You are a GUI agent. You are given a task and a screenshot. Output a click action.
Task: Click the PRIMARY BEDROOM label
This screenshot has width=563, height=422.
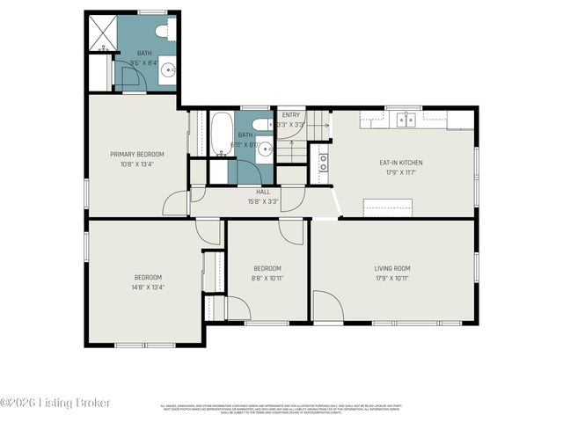tap(136, 154)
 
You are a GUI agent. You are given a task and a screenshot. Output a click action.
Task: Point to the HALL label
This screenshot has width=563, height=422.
tap(263, 191)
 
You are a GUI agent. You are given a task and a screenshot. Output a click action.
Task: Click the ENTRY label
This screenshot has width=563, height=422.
tap(291, 115)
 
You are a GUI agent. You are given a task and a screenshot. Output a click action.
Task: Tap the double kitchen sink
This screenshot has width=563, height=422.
tap(406, 120)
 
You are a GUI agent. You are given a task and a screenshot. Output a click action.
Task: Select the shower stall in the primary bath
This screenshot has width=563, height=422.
tap(101, 33)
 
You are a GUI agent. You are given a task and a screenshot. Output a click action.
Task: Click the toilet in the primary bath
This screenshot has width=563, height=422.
tap(164, 32)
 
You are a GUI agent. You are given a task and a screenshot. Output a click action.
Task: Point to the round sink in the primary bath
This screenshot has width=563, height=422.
tap(168, 74)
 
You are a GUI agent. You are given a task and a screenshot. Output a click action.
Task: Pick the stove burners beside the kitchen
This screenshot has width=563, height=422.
tap(324, 162)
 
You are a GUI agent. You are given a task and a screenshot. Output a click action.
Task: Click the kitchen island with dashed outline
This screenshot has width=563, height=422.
tap(388, 207)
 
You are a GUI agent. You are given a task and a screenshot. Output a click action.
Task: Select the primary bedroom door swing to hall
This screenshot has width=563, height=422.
tap(176, 203)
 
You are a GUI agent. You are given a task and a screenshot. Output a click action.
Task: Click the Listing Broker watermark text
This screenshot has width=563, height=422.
tap(56, 403)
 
